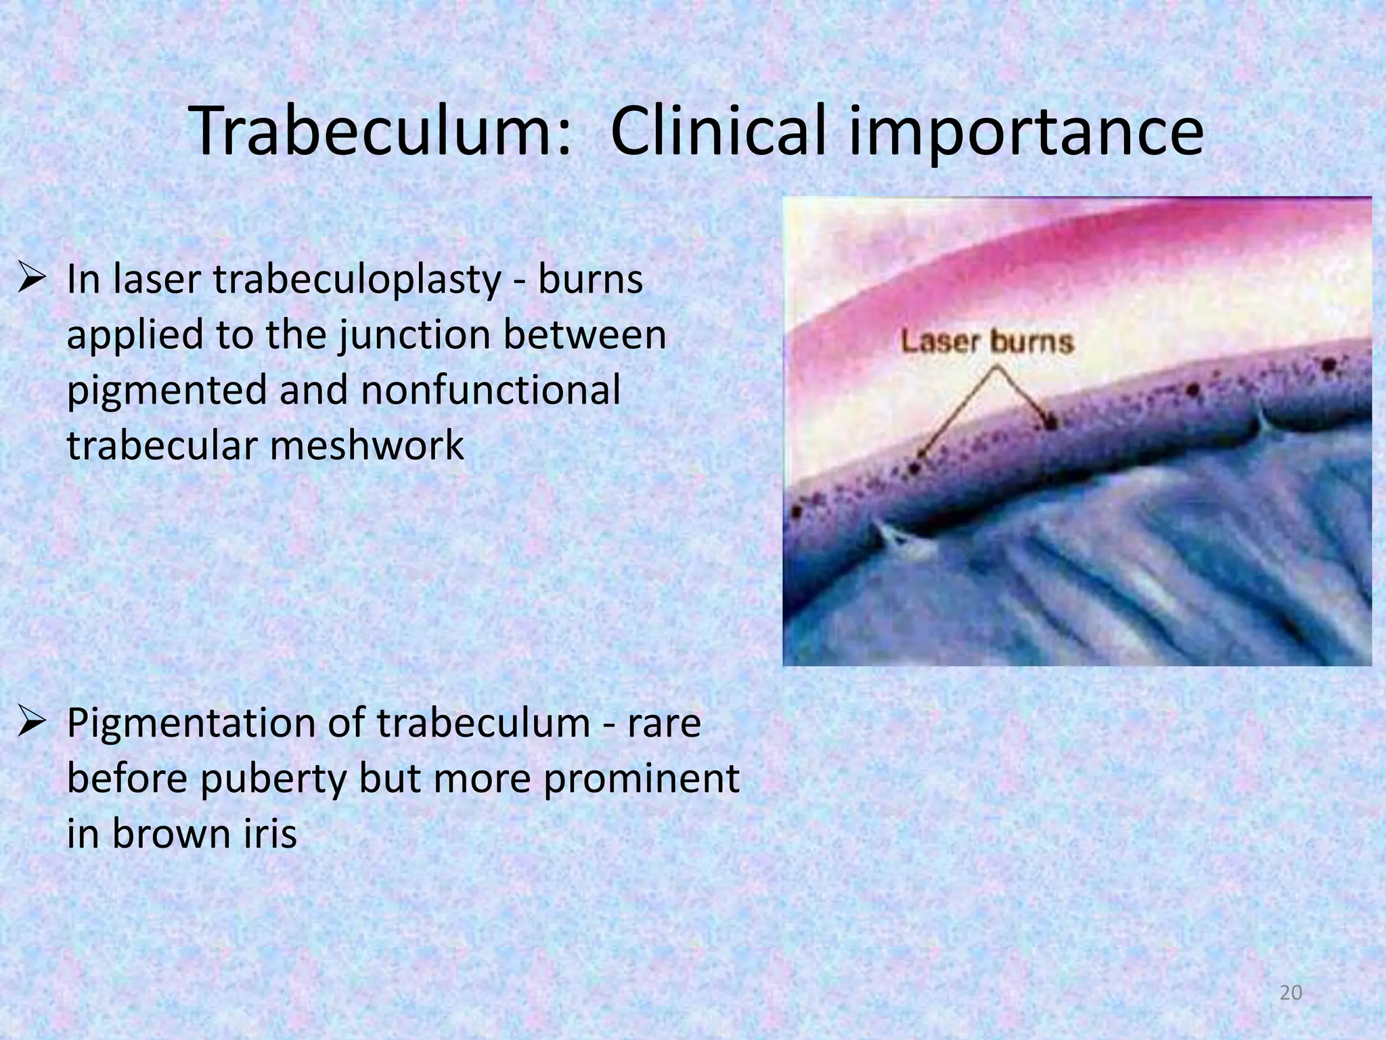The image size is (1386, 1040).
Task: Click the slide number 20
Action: tap(1291, 993)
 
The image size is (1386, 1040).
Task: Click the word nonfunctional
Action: tap(490, 391)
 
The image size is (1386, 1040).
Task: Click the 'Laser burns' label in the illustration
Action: tap(987, 342)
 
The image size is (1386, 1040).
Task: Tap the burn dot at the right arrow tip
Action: tap(1051, 424)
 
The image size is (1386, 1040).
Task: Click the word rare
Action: tap(664, 722)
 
